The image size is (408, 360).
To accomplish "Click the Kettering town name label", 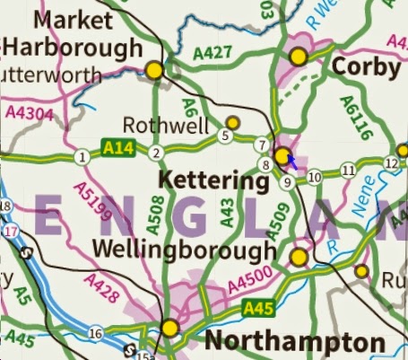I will point(213,180).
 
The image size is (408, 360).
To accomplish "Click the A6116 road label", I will point(352,114).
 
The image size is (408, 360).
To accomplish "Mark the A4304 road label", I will point(24,112).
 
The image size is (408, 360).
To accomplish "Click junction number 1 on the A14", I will point(82,158).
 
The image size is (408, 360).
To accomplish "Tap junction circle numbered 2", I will point(156,153).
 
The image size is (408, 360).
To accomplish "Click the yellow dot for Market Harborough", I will point(154,69).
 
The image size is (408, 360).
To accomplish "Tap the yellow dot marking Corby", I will point(298,56).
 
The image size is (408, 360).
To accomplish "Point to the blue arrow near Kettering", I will point(291,160).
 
